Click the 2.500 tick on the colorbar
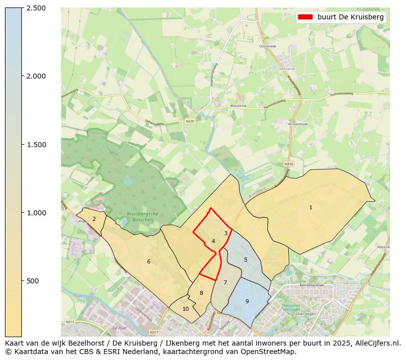[36, 8]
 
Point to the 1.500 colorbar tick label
[36, 145]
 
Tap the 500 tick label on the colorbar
[33, 281]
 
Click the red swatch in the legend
[305, 17]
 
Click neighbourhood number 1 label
[311, 207]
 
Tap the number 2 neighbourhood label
[94, 219]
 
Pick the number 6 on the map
[148, 262]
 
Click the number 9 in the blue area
[247, 301]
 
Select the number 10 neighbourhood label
[185, 309]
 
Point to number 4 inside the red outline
[213, 241]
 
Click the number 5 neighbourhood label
[245, 260]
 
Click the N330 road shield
[190, 121]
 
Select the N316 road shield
[289, 164]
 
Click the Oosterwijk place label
[267, 46]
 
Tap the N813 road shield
[70, 322]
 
